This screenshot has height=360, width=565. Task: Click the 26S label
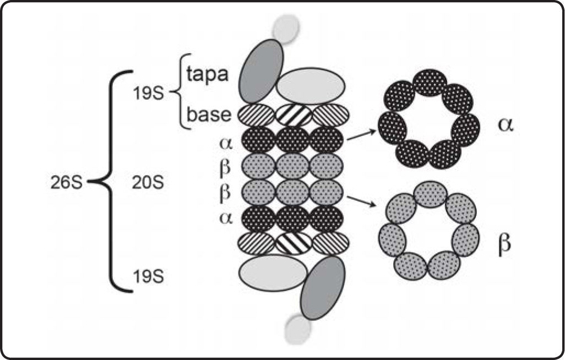(65, 182)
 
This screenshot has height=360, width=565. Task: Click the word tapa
(207, 74)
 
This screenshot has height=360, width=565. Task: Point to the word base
(208, 115)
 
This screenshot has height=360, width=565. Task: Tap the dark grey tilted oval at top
(261, 70)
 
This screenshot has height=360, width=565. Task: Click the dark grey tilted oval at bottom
(323, 287)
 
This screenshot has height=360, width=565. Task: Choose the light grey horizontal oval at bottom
(273, 272)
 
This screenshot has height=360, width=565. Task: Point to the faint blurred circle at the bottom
(297, 329)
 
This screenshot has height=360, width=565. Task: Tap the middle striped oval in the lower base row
(293, 243)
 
